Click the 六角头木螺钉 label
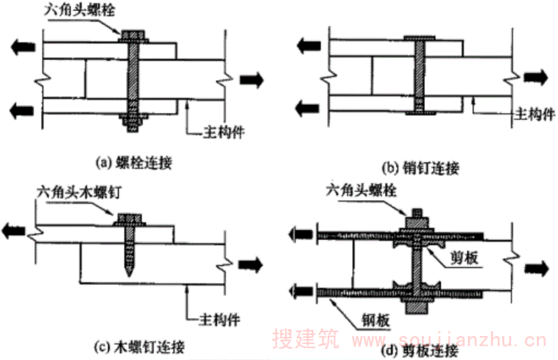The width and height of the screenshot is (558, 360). point(70,190)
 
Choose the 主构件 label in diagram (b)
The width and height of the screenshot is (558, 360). point(535,112)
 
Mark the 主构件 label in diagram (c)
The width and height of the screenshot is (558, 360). point(220,317)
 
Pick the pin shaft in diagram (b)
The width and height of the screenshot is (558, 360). point(419,77)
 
